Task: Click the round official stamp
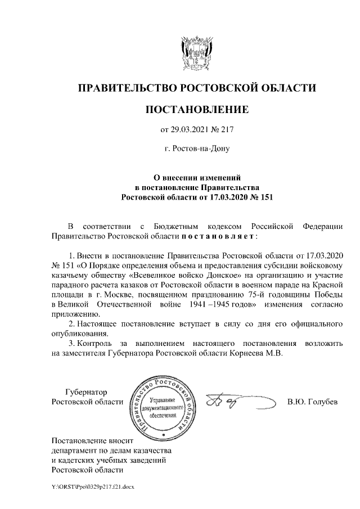click(x=164, y=406)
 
